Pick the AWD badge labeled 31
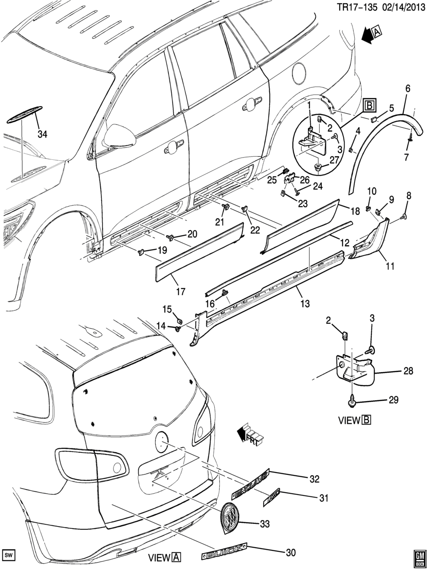pyautogui.click(x=271, y=499)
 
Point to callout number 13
pyautogui.click(x=304, y=303)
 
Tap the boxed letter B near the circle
pyautogui.click(x=369, y=107)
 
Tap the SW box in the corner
pyautogui.click(x=9, y=555)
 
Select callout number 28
pyautogui.click(x=408, y=371)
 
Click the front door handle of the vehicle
pyautogui.click(x=172, y=147)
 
